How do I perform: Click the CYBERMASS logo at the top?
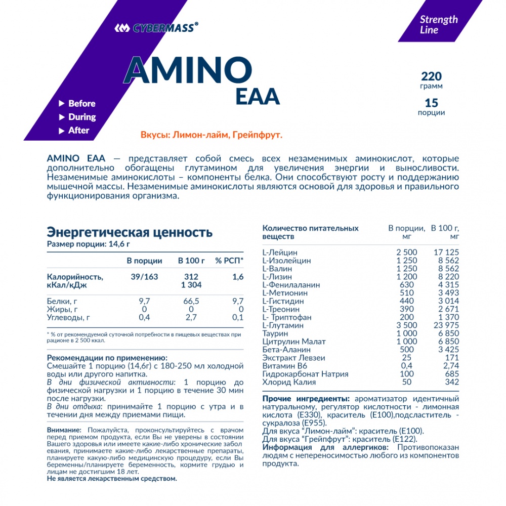click(x=155, y=28)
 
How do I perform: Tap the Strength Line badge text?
click(x=438, y=24)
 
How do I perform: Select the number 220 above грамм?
click(x=431, y=76)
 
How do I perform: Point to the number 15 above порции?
click(x=431, y=102)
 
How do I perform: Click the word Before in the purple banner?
click(x=81, y=103)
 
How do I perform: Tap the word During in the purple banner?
click(x=82, y=117)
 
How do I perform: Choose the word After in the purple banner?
click(x=78, y=131)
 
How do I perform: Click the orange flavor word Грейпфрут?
click(x=257, y=136)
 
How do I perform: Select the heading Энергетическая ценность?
click(x=130, y=232)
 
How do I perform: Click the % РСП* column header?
click(x=229, y=261)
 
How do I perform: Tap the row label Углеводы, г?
click(x=68, y=317)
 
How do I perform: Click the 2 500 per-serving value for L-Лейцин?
click(x=407, y=252)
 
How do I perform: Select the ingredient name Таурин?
click(x=275, y=333)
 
